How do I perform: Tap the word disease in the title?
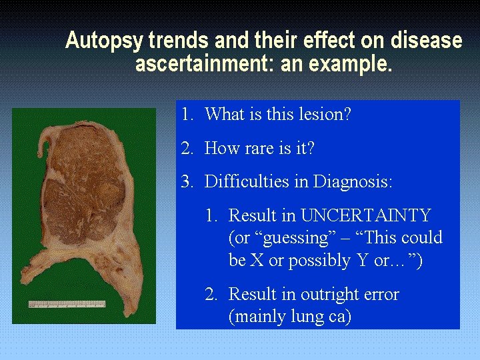(427, 41)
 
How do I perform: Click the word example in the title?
(356, 65)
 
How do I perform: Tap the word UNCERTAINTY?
(365, 216)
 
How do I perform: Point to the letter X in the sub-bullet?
(256, 261)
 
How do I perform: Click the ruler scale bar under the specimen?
(67, 304)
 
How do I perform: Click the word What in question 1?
(225, 115)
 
